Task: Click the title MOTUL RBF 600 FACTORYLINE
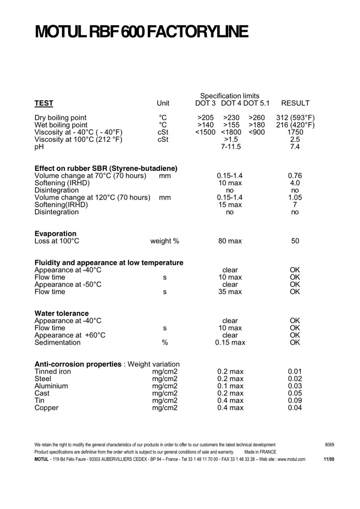tap(141, 31)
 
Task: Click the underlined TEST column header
tap(44, 103)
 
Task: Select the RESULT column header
tap(295, 103)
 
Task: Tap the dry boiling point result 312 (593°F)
tap(295, 118)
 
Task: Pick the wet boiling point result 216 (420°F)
tap(295, 125)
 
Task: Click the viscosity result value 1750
tap(295, 132)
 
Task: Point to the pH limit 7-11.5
tap(231, 147)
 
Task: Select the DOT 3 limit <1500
tap(205, 132)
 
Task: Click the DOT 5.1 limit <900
tap(257, 132)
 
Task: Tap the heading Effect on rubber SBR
tap(106, 168)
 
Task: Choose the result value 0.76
tap(295, 176)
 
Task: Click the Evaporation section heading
tap(56, 234)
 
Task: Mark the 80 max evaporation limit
tap(230, 241)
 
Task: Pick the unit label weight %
tap(164, 241)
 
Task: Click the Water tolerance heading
tap(62, 313)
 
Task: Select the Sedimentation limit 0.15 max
tap(230, 342)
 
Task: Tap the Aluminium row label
tap(51, 386)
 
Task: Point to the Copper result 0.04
tap(295, 407)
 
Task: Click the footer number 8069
tap(329, 445)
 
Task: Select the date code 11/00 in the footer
tap(329, 459)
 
